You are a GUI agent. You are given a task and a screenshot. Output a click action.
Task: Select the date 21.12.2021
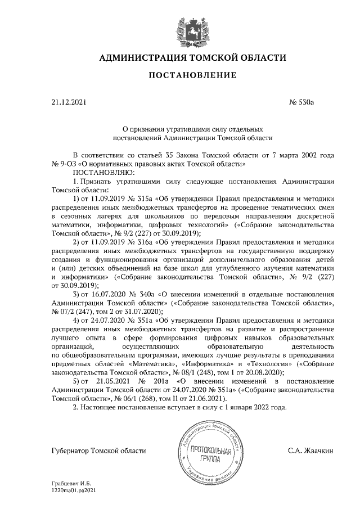(x=67, y=102)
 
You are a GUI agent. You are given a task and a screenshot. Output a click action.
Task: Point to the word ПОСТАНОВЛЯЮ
(x=101, y=172)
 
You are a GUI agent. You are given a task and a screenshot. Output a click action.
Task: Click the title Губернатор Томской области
(x=98, y=450)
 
